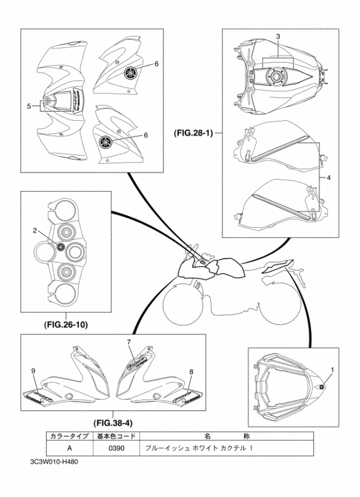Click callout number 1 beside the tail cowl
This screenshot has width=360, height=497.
(x=332, y=370)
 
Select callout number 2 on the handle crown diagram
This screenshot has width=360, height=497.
(x=35, y=231)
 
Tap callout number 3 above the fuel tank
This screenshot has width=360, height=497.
(x=278, y=37)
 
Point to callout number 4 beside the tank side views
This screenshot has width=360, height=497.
(x=328, y=178)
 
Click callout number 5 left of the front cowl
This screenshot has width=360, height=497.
(x=29, y=107)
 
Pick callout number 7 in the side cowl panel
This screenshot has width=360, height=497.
(x=129, y=342)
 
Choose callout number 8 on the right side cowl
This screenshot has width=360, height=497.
(x=191, y=372)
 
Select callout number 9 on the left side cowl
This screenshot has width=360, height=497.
(x=33, y=370)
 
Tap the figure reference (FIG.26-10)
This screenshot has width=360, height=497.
(x=66, y=325)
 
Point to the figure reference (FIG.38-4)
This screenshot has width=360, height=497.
(x=113, y=423)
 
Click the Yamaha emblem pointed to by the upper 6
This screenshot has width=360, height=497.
(x=130, y=73)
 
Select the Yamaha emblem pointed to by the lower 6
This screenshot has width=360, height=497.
(x=105, y=141)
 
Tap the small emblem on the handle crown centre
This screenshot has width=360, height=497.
(x=60, y=246)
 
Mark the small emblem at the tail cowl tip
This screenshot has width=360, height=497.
(x=321, y=386)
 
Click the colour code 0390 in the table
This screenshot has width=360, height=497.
(x=116, y=448)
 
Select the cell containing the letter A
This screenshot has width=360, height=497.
(x=69, y=448)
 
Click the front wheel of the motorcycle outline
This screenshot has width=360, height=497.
(x=183, y=302)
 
